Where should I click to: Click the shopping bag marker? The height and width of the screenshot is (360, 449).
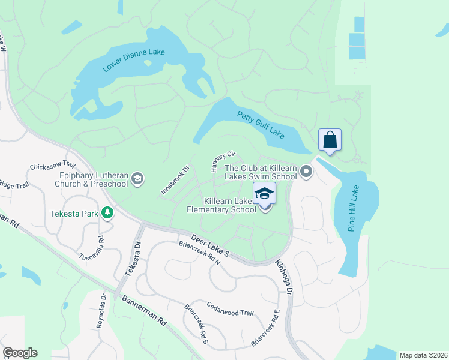330,140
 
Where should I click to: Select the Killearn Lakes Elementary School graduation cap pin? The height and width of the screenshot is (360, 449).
265,194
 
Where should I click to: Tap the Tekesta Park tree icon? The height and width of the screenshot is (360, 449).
107,212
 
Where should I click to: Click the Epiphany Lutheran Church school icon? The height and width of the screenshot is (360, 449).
137,178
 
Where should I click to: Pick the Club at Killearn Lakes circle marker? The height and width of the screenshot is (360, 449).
306,173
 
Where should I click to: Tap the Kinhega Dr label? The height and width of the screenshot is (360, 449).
283,277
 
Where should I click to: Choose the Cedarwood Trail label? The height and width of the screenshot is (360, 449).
230,310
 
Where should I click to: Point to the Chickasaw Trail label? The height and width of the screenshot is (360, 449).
52,166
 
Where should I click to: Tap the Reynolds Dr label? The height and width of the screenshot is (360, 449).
101,310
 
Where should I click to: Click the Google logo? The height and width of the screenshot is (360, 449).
20,353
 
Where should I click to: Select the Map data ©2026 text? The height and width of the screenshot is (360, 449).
423,355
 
